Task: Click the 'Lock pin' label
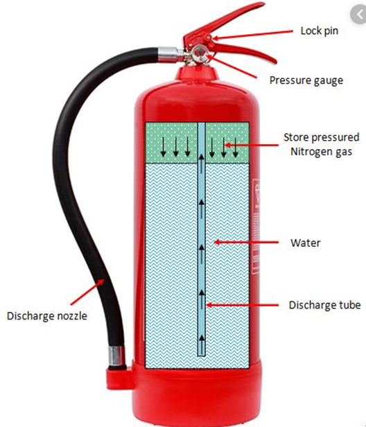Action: coord(320,31)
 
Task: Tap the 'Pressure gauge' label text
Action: coord(306,80)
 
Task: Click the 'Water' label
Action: coord(305,243)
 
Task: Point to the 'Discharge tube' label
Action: coord(324,305)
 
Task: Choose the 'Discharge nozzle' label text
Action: coord(47,316)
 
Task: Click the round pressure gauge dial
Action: coord(200,53)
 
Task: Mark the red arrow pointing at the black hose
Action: coord(87,293)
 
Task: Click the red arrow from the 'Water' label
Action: coord(246,242)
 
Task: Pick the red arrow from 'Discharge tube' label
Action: coord(243,305)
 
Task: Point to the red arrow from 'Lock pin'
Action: coord(252,35)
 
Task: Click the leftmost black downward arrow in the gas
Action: coord(163,147)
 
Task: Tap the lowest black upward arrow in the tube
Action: coord(202,344)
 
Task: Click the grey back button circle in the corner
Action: coord(359,15)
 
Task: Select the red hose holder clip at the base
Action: coord(120,377)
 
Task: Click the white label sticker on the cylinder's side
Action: coord(256,226)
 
